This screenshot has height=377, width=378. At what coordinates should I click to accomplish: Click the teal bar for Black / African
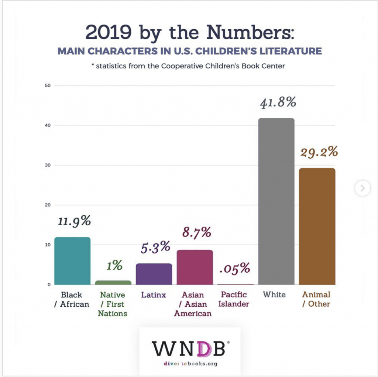[x=72, y=261]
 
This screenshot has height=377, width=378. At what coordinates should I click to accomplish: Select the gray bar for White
[x=276, y=202]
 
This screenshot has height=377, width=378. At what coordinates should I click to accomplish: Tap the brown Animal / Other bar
[x=317, y=226]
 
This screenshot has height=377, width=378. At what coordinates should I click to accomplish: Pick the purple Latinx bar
[x=154, y=274]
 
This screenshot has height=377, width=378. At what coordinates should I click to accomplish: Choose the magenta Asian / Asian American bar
[x=195, y=267]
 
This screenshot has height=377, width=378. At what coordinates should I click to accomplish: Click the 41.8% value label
[x=278, y=102]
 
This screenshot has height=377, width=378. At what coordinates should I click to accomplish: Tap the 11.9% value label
[x=74, y=221]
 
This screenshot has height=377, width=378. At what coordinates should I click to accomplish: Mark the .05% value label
[x=235, y=268]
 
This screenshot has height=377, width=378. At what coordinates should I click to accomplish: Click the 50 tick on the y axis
[x=47, y=86]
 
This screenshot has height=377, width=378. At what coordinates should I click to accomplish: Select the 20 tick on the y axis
[x=47, y=205]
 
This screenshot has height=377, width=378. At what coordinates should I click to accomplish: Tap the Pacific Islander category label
[x=235, y=299]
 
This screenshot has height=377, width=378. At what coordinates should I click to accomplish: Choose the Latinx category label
[x=154, y=295]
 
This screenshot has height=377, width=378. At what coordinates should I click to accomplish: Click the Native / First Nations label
[x=113, y=304]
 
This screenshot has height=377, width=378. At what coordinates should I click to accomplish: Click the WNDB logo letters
[x=189, y=348]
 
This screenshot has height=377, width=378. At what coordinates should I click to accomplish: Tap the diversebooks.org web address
[x=190, y=364]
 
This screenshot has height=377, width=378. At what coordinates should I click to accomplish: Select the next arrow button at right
[x=362, y=188]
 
